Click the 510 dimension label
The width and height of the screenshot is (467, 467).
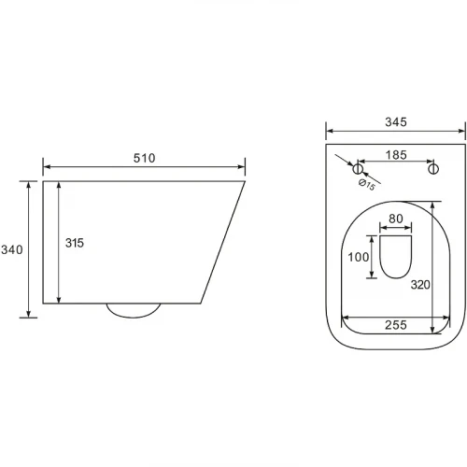[x=144, y=158]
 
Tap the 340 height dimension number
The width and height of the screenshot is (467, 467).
[x=12, y=249]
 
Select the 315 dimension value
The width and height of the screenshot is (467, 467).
[x=75, y=243]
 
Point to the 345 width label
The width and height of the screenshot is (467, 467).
[x=396, y=122]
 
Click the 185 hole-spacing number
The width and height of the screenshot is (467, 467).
[x=396, y=155]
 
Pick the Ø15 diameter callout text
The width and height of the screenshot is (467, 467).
[x=367, y=185]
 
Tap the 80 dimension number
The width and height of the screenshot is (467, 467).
[x=396, y=219]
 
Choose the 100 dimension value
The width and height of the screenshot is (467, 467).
[x=359, y=257]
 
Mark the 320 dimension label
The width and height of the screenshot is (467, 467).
[x=420, y=285]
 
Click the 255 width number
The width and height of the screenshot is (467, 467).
[x=396, y=325]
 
